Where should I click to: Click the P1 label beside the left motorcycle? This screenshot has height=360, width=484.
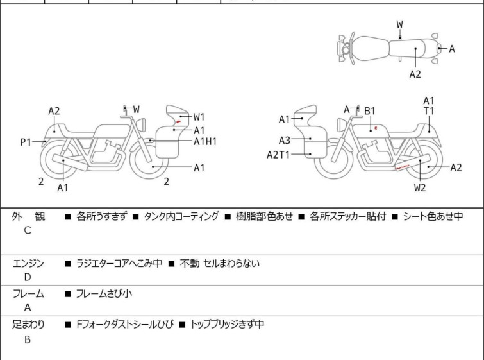(26, 142)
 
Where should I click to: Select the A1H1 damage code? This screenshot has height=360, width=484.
(205, 141)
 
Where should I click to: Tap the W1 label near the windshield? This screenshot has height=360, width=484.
(199, 117)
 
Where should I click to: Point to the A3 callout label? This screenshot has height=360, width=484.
(284, 139)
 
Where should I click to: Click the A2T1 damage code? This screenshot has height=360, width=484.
(279, 154)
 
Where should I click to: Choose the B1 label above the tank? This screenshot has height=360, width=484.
(370, 111)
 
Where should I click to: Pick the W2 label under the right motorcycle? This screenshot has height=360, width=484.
(420, 187)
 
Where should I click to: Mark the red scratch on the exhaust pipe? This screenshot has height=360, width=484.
(402, 169)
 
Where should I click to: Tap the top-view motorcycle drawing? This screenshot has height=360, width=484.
(388, 47)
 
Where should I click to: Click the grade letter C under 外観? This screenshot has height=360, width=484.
(28, 231)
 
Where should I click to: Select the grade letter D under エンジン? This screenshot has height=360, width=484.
(28, 278)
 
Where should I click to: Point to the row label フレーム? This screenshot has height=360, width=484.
(28, 294)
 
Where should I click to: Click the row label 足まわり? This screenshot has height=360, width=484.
(28, 325)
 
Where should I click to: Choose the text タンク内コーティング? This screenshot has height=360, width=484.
(181, 217)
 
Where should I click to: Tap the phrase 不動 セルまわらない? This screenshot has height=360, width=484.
(220, 264)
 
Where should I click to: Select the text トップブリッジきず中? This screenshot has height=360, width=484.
(227, 325)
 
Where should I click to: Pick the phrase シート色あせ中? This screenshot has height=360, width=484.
(433, 217)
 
